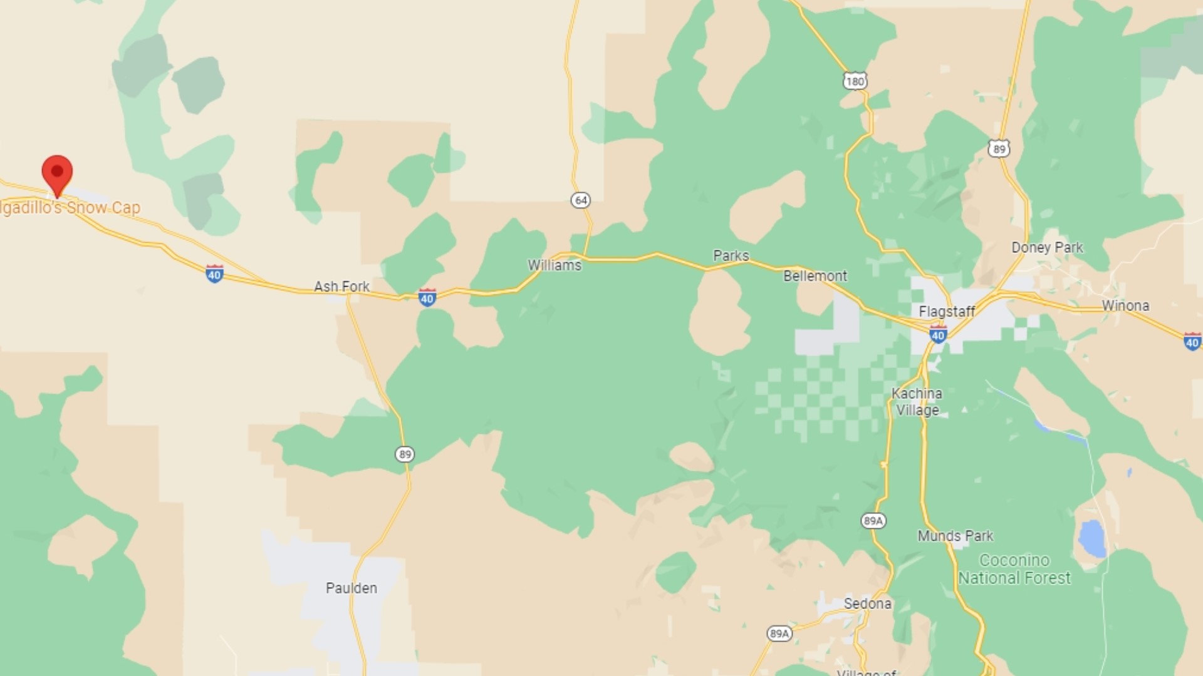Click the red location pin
(x=57, y=173)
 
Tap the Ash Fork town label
(x=341, y=287)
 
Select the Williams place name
(x=555, y=265)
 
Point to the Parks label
(x=731, y=255)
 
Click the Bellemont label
(x=815, y=276)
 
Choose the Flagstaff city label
(x=947, y=311)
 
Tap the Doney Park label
(x=1047, y=247)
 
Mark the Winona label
(x=1125, y=305)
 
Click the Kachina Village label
(x=917, y=402)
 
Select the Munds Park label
(x=955, y=536)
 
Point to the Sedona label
(x=867, y=603)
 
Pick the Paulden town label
(x=352, y=588)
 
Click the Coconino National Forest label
(x=1014, y=569)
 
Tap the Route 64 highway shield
(x=581, y=200)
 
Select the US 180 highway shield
(x=855, y=81)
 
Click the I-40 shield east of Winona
(x=1192, y=342)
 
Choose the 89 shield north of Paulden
(x=405, y=454)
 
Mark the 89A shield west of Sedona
(x=779, y=633)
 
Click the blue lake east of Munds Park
(x=1092, y=538)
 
